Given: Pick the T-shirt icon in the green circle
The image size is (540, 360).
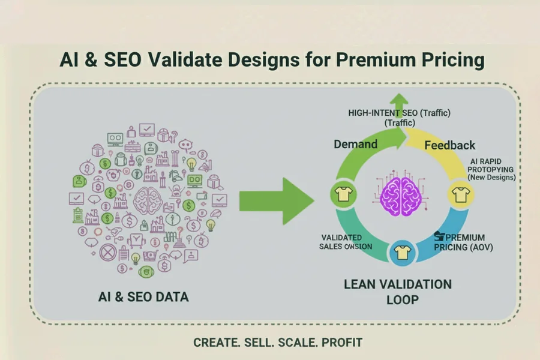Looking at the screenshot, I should [x=343, y=194].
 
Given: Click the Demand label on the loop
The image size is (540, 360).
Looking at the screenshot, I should [x=356, y=144].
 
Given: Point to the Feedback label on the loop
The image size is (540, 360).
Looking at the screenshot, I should [x=449, y=145].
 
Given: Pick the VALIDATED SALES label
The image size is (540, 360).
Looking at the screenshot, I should [x=346, y=242].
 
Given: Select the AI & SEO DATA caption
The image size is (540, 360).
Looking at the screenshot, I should [x=148, y=296].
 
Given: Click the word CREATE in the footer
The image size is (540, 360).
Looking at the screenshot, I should [x=215, y=343].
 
